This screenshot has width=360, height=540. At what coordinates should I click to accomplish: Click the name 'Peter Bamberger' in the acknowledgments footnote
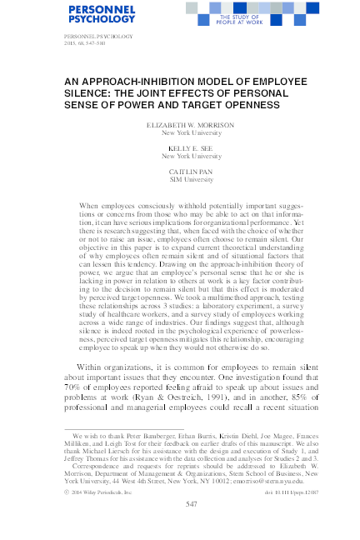150,436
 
